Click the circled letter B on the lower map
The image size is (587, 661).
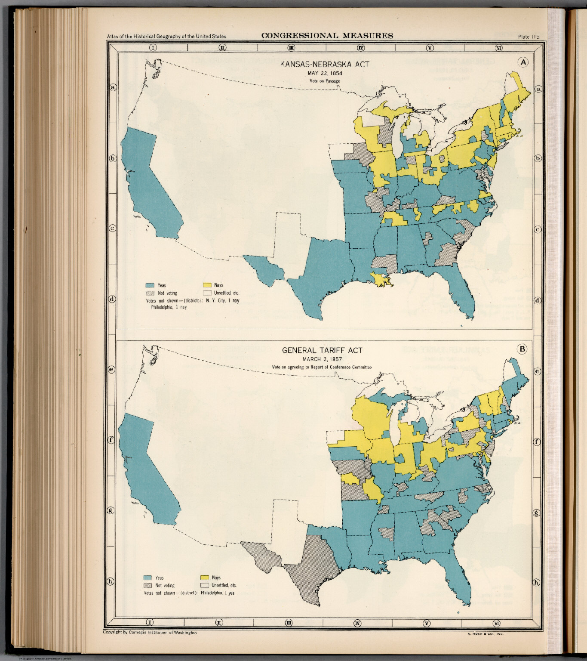[x=522, y=349]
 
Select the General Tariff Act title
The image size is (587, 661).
[x=322, y=350]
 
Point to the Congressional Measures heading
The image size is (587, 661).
[x=327, y=36]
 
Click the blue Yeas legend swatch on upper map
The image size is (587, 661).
[x=149, y=285]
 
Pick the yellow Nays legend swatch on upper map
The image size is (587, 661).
[x=207, y=285]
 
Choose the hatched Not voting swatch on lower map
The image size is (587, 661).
[x=148, y=585]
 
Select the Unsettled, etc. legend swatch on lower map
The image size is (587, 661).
[x=204, y=585]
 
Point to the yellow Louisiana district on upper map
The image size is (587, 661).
[x=382, y=279]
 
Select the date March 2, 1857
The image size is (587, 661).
[x=322, y=359]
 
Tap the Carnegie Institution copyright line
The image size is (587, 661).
[x=150, y=633]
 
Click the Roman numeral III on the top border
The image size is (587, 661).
[x=291, y=48]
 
